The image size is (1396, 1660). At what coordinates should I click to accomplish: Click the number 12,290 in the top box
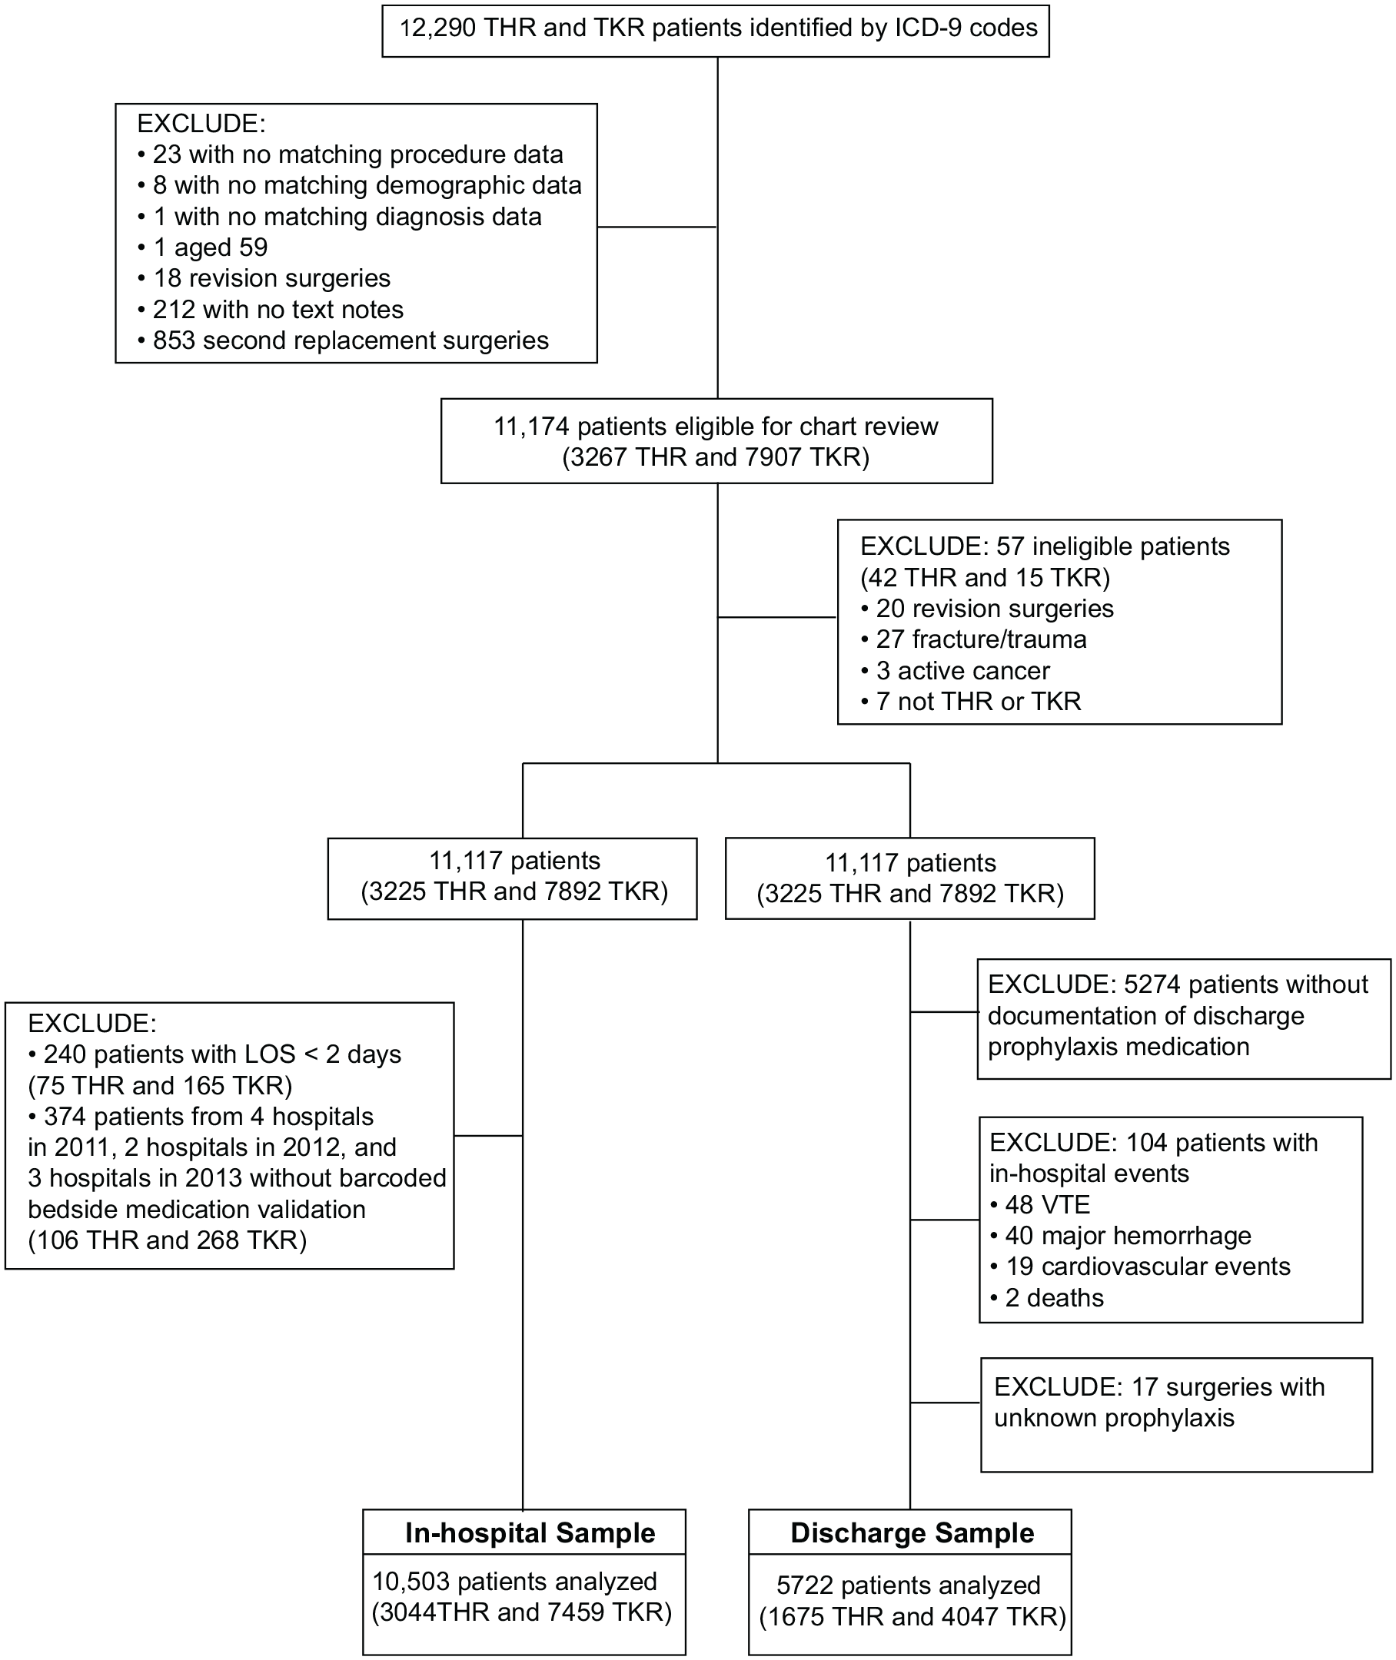(x=437, y=28)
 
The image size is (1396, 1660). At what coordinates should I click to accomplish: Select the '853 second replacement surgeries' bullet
(x=343, y=340)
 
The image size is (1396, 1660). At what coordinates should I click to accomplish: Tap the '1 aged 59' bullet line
(x=203, y=247)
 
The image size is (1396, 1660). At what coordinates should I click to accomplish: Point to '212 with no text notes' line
(x=270, y=310)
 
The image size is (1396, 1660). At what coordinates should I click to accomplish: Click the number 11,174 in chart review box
(x=532, y=427)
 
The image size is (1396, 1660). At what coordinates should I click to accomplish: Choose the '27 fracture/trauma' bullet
(x=973, y=639)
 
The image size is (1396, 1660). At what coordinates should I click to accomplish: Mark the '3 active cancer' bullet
(x=956, y=671)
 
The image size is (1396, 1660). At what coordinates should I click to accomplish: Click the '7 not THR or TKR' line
(x=971, y=702)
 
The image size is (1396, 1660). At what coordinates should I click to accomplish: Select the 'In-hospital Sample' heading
(x=530, y=1533)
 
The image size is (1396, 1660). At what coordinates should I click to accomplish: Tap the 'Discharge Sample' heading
(x=912, y=1533)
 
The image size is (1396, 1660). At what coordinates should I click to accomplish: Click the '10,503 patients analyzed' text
(x=514, y=1582)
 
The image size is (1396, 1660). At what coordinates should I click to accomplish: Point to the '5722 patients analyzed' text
(x=909, y=1585)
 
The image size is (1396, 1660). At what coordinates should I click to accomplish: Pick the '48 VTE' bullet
(x=1040, y=1205)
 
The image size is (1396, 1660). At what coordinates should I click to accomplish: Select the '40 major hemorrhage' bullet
(x=1121, y=1236)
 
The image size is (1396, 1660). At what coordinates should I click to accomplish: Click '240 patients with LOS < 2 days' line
(x=214, y=1054)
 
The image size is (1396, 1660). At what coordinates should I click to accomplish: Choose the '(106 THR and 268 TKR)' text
(x=167, y=1240)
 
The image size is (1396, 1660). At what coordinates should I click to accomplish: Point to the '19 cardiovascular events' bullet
(x=1139, y=1267)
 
